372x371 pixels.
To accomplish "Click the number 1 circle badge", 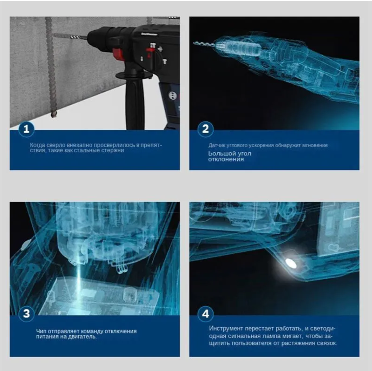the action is [26, 129].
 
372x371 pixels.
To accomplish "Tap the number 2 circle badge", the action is [206, 129].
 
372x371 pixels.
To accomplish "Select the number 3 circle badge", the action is [26, 314].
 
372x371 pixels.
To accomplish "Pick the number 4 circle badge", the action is [206, 314].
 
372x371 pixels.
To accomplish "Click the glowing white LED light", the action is [291, 263].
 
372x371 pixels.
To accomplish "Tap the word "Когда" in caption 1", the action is [37, 145].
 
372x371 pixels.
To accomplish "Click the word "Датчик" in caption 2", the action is [216, 145].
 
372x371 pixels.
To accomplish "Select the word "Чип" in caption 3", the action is [40, 331].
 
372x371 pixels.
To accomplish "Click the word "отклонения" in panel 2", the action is [226, 159].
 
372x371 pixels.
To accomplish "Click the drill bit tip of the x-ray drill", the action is [194, 43].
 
